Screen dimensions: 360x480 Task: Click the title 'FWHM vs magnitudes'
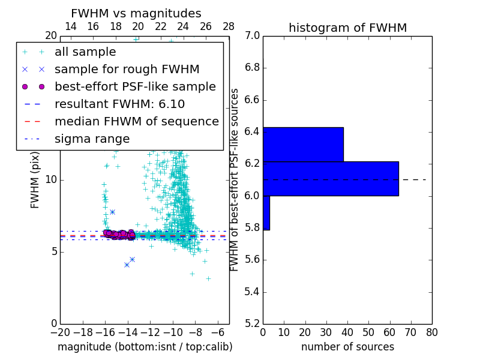click(x=136, y=14)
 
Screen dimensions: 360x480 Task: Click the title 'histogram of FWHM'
click(x=347, y=28)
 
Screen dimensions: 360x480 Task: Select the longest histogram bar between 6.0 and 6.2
click(x=331, y=179)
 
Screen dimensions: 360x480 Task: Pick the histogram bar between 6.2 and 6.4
click(x=303, y=145)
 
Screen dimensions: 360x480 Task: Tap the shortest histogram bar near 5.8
click(x=266, y=213)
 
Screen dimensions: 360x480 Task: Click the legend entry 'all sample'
click(x=85, y=52)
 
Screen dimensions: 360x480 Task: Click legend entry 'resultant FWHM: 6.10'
click(x=118, y=104)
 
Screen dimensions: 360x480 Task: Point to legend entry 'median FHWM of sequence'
click(x=136, y=121)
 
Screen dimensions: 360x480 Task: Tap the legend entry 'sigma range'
click(x=92, y=139)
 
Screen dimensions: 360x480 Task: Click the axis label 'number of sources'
click(x=347, y=347)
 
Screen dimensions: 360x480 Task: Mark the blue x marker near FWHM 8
click(x=112, y=212)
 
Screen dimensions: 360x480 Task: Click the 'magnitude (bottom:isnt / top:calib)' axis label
click(x=145, y=347)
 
